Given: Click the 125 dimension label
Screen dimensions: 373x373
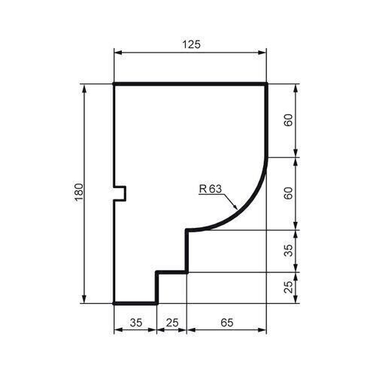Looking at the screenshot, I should [x=190, y=45].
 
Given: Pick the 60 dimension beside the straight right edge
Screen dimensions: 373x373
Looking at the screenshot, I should [x=289, y=120].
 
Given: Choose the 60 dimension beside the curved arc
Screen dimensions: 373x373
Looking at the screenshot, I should [x=289, y=193].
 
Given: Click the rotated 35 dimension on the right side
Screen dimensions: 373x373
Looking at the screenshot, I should [x=289, y=250].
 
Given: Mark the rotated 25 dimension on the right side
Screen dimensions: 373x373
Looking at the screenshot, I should [x=289, y=287].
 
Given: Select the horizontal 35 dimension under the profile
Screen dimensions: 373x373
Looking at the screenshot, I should [x=135, y=323].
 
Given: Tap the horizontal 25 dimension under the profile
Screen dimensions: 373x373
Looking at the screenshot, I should [x=172, y=323].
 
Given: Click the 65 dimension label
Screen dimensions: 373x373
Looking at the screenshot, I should [x=227, y=323].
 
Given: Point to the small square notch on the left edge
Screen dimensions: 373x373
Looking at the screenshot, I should [x=120, y=193].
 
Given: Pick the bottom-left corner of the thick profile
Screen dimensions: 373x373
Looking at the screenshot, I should [x=114, y=303].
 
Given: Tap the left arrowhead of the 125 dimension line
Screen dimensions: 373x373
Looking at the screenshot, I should [x=117, y=53].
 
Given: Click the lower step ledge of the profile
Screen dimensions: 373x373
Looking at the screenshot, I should [x=172, y=272].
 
